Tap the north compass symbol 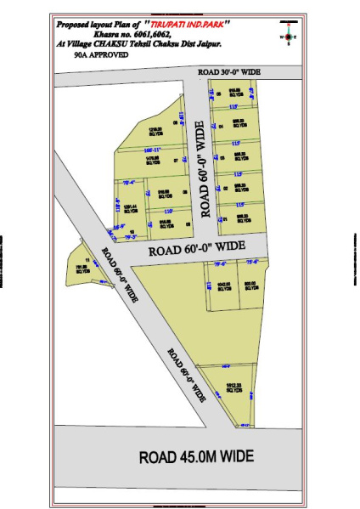[290, 36]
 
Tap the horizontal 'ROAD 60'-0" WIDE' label [197, 248]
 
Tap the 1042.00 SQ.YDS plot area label [223, 286]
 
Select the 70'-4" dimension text [130, 182]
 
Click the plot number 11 [87, 260]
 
